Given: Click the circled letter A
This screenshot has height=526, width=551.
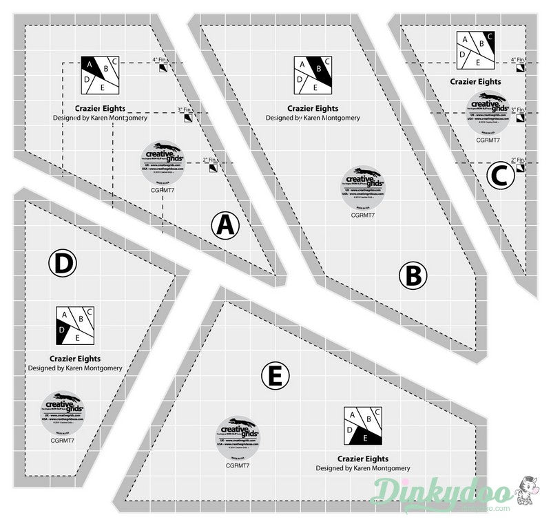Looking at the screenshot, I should pos(225,225).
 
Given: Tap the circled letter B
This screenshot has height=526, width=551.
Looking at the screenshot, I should pos(413,276).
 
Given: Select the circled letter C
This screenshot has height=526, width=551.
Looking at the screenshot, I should pos(501,175).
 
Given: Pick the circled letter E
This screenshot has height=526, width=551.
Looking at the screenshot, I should pos(275,376).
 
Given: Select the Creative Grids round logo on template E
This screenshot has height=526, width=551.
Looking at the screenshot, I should pos(232,436).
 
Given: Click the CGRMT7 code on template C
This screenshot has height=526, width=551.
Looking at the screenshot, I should pos(488,140).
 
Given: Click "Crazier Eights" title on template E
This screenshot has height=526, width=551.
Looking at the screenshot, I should pos(363,459).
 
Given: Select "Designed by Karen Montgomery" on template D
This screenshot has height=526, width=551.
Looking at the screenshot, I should pos(75,368).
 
